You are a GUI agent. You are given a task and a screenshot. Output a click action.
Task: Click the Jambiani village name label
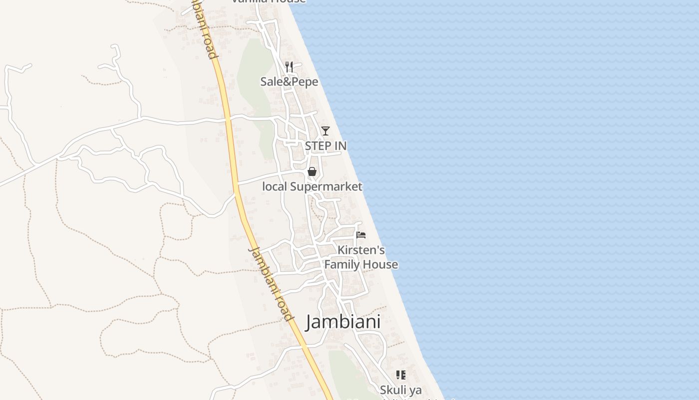point(343,321)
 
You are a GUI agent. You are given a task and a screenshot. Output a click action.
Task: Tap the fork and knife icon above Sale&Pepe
point(289,67)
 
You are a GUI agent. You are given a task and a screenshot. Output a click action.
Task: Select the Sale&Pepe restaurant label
point(289,81)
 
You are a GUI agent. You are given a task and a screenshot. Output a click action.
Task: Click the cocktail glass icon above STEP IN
point(326,131)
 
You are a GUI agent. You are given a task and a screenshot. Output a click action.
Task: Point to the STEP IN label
point(326,146)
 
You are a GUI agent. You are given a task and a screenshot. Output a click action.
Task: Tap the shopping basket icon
point(312,172)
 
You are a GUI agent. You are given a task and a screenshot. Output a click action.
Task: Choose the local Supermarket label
point(312,186)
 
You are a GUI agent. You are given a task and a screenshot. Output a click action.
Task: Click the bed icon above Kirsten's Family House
point(361,235)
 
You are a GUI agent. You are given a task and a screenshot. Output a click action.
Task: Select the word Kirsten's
point(361,250)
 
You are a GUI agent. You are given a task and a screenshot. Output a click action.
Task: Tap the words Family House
point(361,264)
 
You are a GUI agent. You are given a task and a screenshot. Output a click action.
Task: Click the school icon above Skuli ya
point(400,375)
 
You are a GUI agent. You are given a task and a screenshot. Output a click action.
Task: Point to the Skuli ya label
point(400,389)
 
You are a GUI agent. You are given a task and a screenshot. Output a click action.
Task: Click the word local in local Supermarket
point(275,186)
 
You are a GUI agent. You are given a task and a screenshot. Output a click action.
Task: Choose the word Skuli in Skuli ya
point(393,389)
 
